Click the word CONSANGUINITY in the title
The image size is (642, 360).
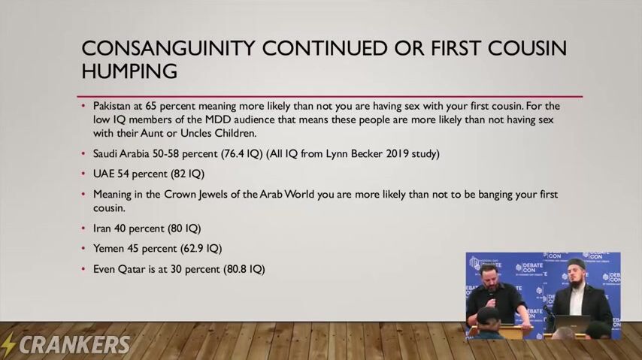[168, 48]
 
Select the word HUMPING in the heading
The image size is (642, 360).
[129, 71]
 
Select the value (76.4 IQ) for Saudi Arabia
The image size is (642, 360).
[241, 154]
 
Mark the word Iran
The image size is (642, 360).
[102, 228]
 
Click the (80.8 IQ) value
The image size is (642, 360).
[244, 269]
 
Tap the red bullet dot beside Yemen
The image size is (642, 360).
[83, 248]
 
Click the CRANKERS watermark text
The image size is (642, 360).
[74, 345]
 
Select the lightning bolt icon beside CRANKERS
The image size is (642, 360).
[8, 344]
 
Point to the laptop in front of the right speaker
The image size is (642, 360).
[573, 322]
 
